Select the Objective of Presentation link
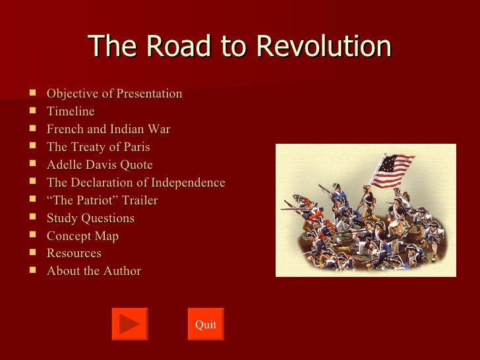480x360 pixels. (114, 94)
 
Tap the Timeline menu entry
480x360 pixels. (71, 111)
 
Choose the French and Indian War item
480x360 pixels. (108, 129)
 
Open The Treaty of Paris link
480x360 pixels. (98, 147)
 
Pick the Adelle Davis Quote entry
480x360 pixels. (100, 165)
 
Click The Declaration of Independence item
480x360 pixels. (136, 183)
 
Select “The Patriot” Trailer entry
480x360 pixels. (102, 200)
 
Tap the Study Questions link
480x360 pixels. (90, 218)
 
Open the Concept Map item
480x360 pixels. (82, 236)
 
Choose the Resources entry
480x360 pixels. (74, 253)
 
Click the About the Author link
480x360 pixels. (94, 271)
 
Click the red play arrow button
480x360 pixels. (130, 324)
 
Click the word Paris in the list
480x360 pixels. (135, 147)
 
